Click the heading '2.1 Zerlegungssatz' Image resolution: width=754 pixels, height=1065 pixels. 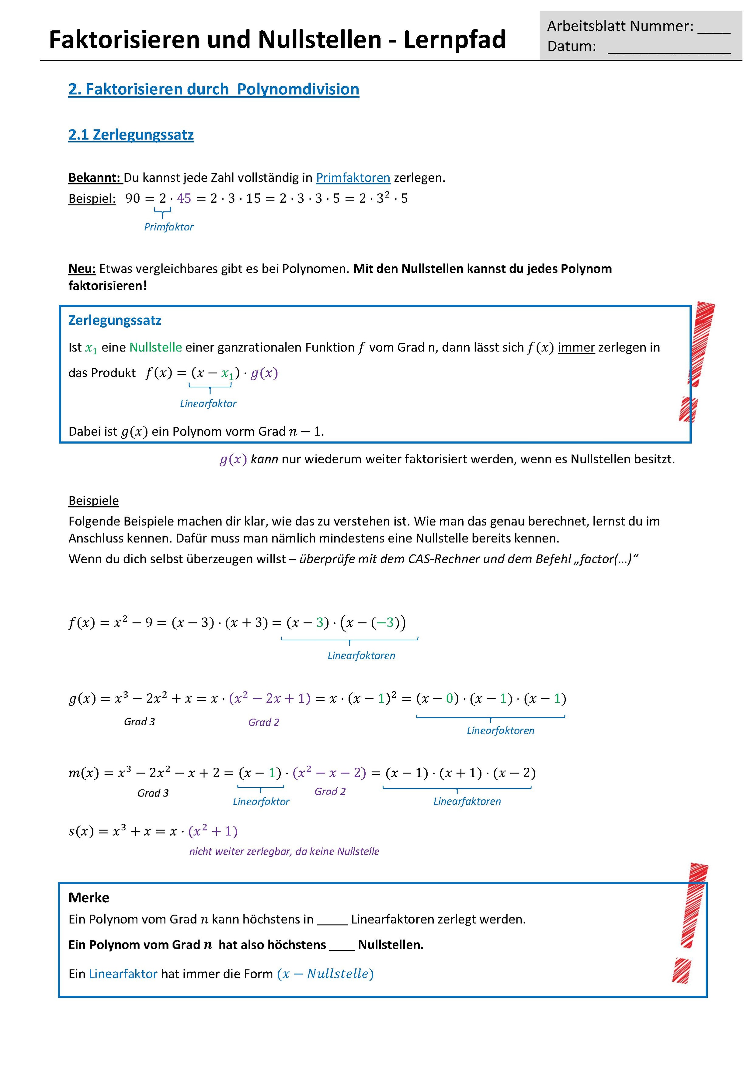131,135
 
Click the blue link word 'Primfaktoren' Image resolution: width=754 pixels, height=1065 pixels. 353,178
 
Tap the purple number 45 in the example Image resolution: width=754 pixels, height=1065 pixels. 184,198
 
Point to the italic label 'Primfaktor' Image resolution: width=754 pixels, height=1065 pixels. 169,227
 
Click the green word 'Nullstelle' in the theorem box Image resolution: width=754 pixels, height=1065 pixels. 155,347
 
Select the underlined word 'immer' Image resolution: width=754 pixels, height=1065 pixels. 576,347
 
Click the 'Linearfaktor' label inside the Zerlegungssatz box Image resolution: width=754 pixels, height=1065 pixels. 208,404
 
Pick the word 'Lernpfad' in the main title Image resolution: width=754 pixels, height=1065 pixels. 454,40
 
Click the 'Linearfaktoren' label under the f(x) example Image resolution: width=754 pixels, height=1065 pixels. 361,655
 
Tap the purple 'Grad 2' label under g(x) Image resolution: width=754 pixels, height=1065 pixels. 264,722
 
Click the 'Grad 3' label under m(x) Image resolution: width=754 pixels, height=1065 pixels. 153,793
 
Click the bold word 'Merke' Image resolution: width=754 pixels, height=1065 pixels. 89,898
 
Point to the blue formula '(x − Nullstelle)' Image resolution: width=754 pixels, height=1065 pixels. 325,974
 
